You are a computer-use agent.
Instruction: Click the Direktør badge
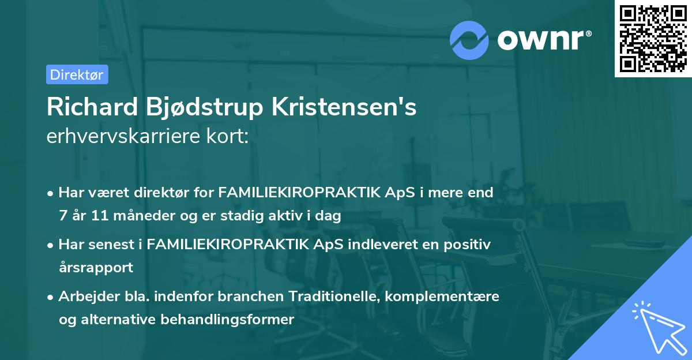pyautogui.click(x=77, y=74)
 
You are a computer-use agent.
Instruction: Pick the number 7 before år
pyautogui.click(x=62, y=216)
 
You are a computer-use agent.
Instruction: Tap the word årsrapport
pyautogui.click(x=96, y=268)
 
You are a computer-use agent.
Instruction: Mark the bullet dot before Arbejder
pyautogui.click(x=51, y=297)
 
